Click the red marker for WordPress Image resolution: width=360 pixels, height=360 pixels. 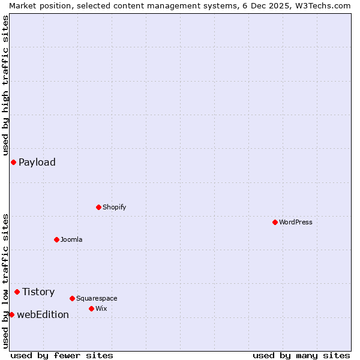click(275, 222)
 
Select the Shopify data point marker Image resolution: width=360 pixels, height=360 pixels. click(98, 207)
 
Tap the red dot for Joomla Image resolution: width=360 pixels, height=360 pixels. click(56, 239)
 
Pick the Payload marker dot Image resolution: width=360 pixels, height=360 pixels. click(13, 162)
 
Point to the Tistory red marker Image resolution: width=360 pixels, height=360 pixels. click(17, 292)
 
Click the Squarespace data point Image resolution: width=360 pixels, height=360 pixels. click(72, 298)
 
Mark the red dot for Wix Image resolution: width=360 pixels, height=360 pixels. click(91, 308)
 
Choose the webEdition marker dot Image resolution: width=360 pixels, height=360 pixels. click(11, 314)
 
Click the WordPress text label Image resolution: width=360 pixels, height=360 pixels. click(296, 222)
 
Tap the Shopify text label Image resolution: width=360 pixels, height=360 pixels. click(114, 207)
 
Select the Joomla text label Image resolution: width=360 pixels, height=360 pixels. click(71, 239)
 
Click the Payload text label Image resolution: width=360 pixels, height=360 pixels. click(37, 162)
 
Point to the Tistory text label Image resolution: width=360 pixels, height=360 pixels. click(38, 292)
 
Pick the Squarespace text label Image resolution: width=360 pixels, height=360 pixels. click(97, 298)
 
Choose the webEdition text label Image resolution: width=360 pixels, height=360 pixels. click(43, 314)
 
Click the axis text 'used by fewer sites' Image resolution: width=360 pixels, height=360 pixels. click(62, 355)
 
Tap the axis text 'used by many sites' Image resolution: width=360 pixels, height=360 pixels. click(301, 355)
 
